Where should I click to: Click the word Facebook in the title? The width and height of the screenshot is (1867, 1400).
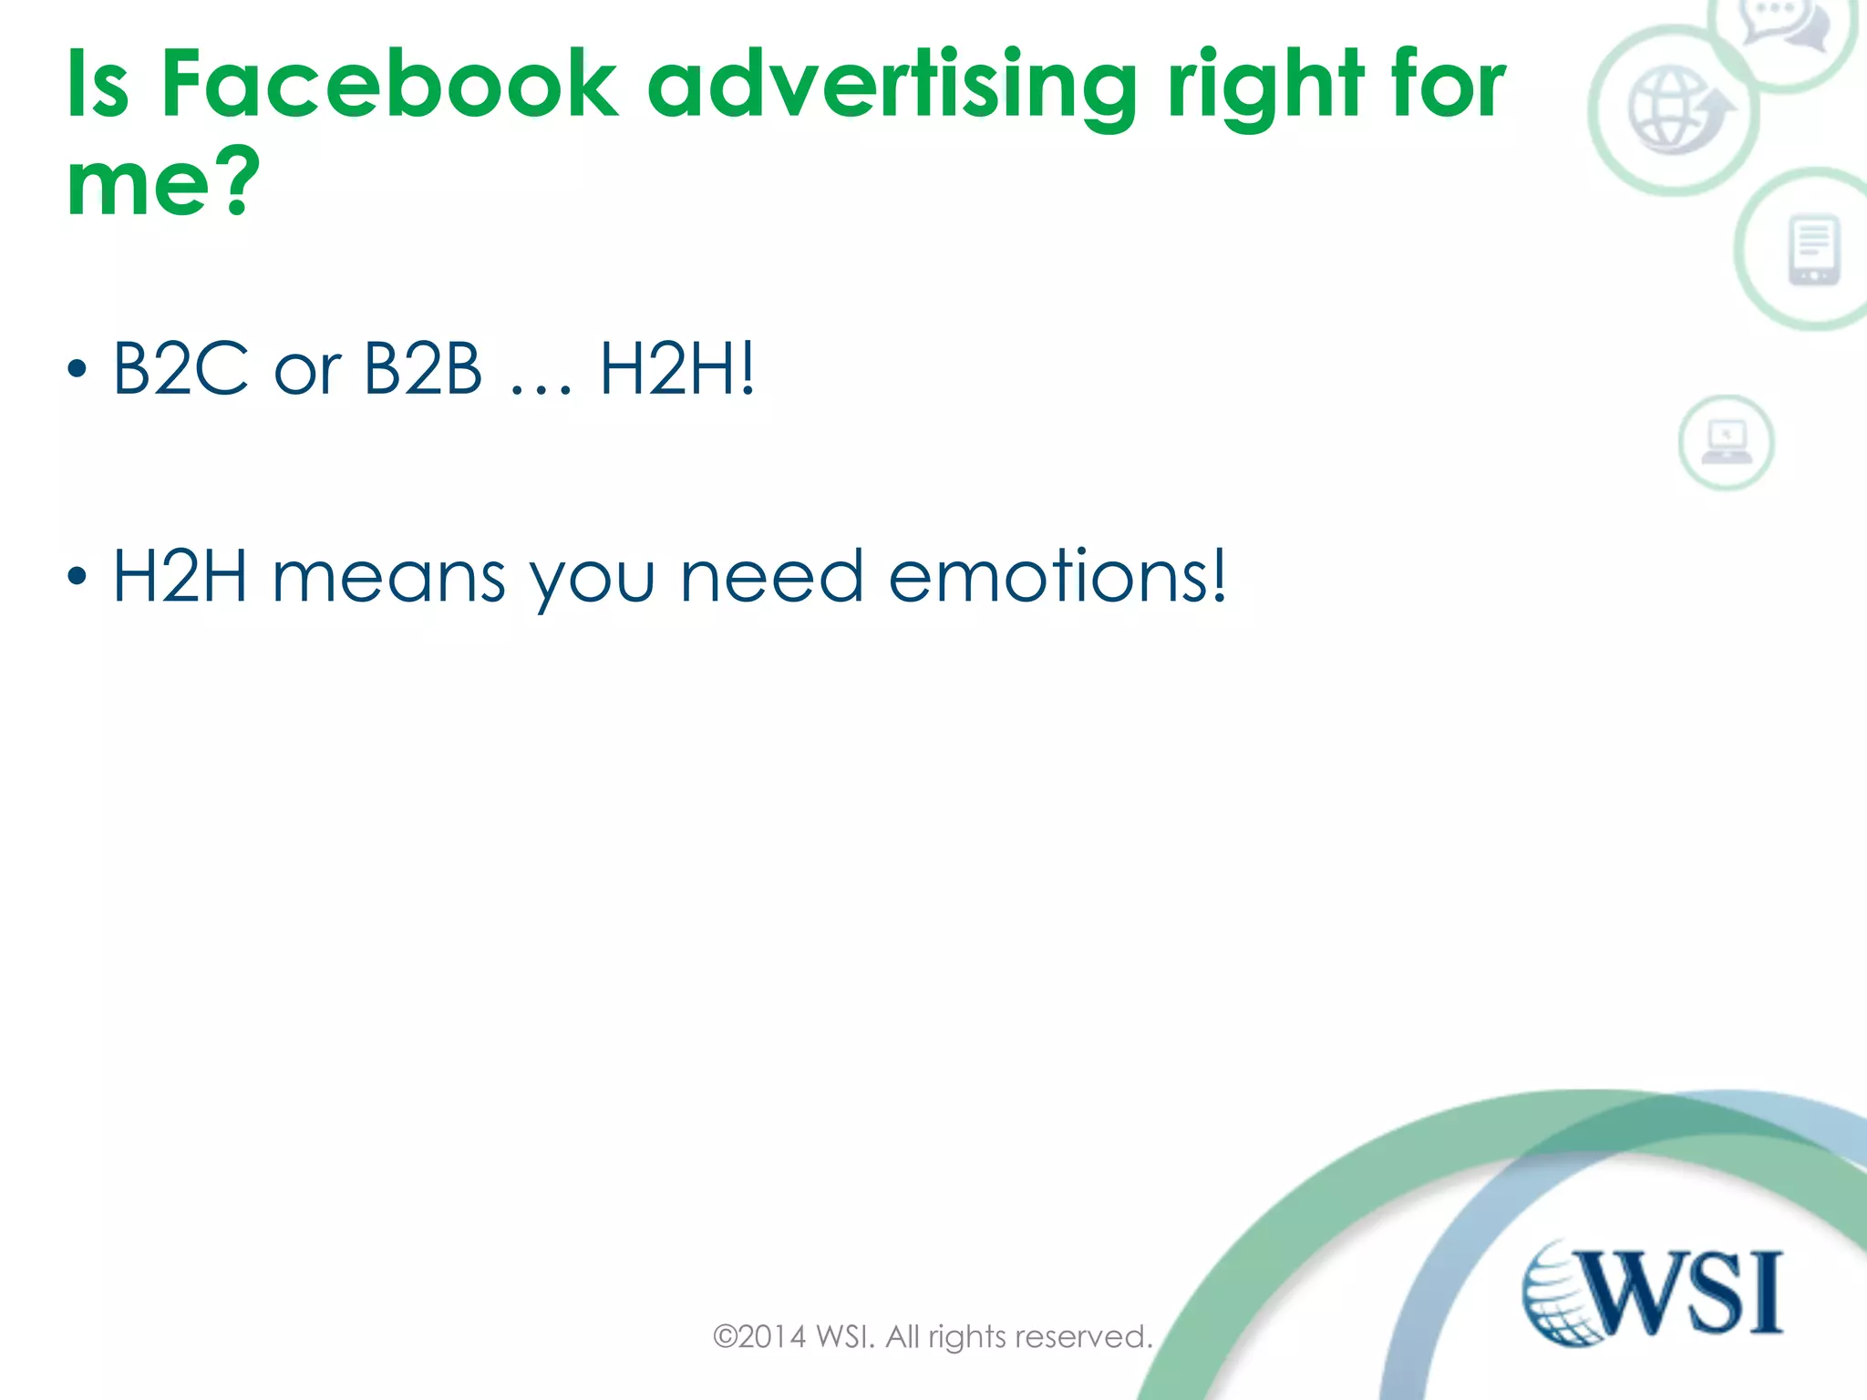389,84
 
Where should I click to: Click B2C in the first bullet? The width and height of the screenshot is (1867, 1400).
181,368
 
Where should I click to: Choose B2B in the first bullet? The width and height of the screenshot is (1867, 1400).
422,368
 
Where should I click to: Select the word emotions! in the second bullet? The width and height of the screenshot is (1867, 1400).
1057,576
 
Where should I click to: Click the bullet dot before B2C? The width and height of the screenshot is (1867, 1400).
77,369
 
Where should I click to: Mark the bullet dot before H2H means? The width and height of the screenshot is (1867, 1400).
77,576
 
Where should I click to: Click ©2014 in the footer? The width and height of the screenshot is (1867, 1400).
759,1337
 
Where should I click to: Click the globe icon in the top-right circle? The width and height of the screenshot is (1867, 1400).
1676,111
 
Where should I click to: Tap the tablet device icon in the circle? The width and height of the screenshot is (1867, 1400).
1814,250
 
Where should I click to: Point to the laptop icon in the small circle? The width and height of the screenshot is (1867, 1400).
1727,442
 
